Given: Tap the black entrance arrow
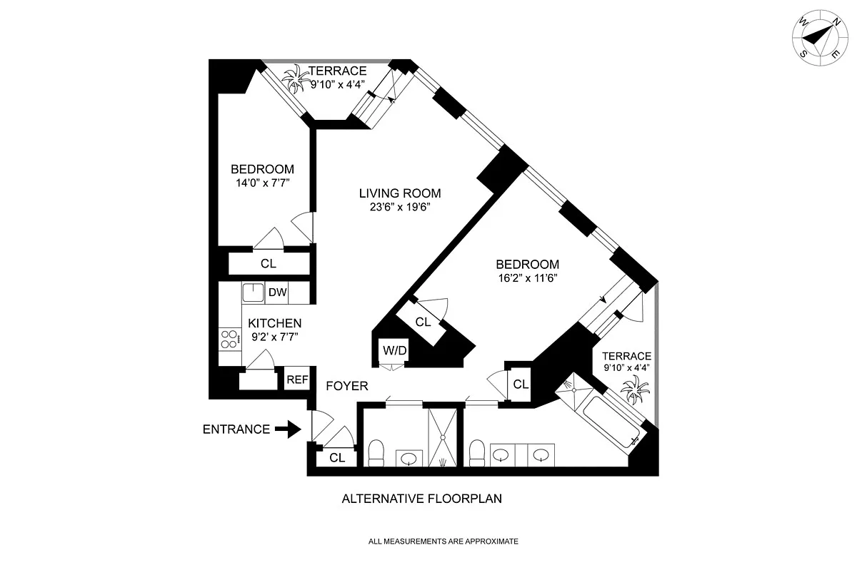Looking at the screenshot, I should click(x=289, y=429).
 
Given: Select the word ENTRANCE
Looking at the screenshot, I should click(x=236, y=429).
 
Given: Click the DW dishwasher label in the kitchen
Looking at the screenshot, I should click(x=277, y=292).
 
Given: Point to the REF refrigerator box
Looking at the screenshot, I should click(x=297, y=380).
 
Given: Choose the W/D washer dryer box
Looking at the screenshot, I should click(x=394, y=350).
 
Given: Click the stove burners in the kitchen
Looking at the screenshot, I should click(x=229, y=340).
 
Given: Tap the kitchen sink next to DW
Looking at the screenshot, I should click(x=254, y=292).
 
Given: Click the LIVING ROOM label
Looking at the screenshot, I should click(x=400, y=193).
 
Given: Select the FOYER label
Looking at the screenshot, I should click(x=347, y=386).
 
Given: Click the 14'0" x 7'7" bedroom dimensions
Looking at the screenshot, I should click(x=262, y=183).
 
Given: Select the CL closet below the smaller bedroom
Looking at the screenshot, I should click(x=268, y=263).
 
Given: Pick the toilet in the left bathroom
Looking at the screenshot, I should click(x=376, y=452).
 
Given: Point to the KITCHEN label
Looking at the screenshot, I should click(x=275, y=323).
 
